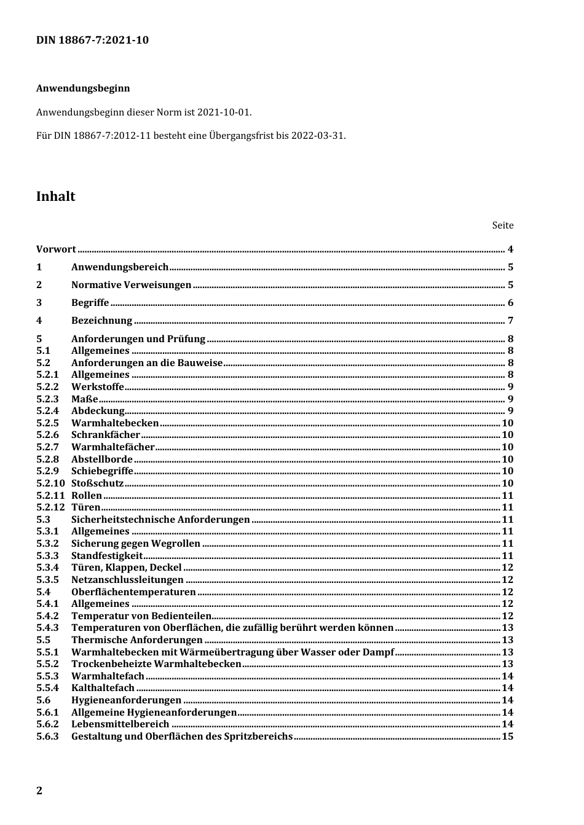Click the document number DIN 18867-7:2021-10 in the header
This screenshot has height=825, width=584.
pyautogui.click(x=92, y=41)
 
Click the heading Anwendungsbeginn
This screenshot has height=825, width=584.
pyautogui.click(x=83, y=88)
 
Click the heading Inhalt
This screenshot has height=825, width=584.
pyautogui.click(x=56, y=197)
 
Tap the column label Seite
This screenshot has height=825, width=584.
pyautogui.click(x=502, y=225)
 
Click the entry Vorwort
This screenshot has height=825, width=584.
pyautogui.click(x=56, y=249)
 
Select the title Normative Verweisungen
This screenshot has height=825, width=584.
pyautogui.click(x=131, y=285)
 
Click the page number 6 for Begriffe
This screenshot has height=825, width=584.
pyautogui.click(x=510, y=303)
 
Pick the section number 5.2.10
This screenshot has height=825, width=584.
pyautogui.click(x=50, y=483)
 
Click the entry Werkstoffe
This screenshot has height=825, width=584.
pyautogui.click(x=97, y=387)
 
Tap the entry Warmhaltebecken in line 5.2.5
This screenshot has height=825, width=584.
pyautogui.click(x=115, y=423)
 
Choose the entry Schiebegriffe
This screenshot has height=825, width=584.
pyautogui.click(x=102, y=471)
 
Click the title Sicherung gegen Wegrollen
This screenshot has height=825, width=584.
pyautogui.click(x=135, y=544)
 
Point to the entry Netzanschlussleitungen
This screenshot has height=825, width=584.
pyautogui.click(x=127, y=580)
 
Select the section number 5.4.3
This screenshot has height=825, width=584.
pyautogui.click(x=47, y=628)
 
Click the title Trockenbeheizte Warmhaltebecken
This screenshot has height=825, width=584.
pyautogui.click(x=156, y=664)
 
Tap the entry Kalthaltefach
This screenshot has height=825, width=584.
pyautogui.click(x=103, y=688)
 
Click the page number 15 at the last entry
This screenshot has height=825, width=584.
pyautogui.click(x=507, y=737)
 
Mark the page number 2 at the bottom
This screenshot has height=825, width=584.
pyautogui.click(x=39, y=791)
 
